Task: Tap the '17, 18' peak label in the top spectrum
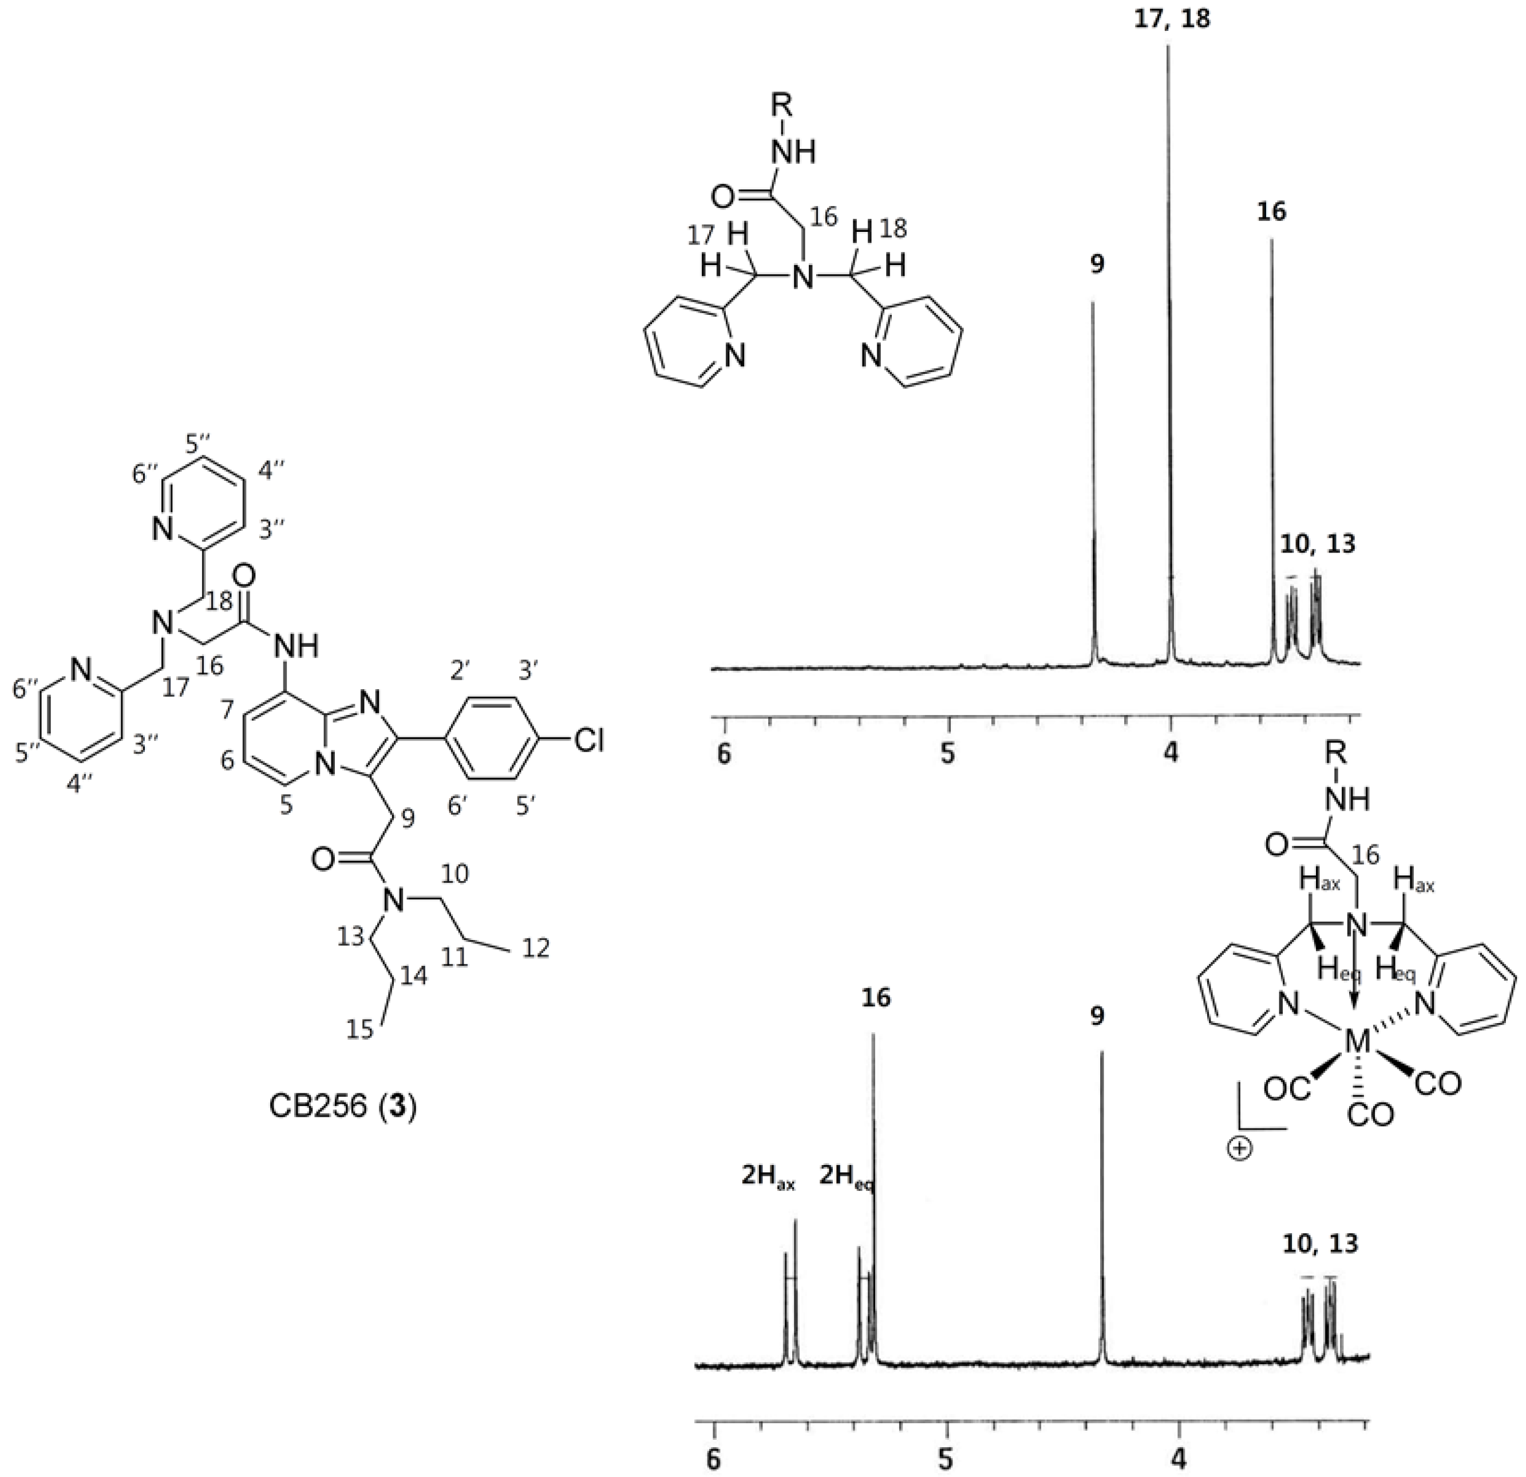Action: (x=1170, y=19)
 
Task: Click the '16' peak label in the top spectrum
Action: (x=1271, y=212)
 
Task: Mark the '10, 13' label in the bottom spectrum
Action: (x=1321, y=1243)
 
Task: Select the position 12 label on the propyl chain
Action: (x=533, y=949)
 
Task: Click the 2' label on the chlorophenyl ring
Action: (x=467, y=670)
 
